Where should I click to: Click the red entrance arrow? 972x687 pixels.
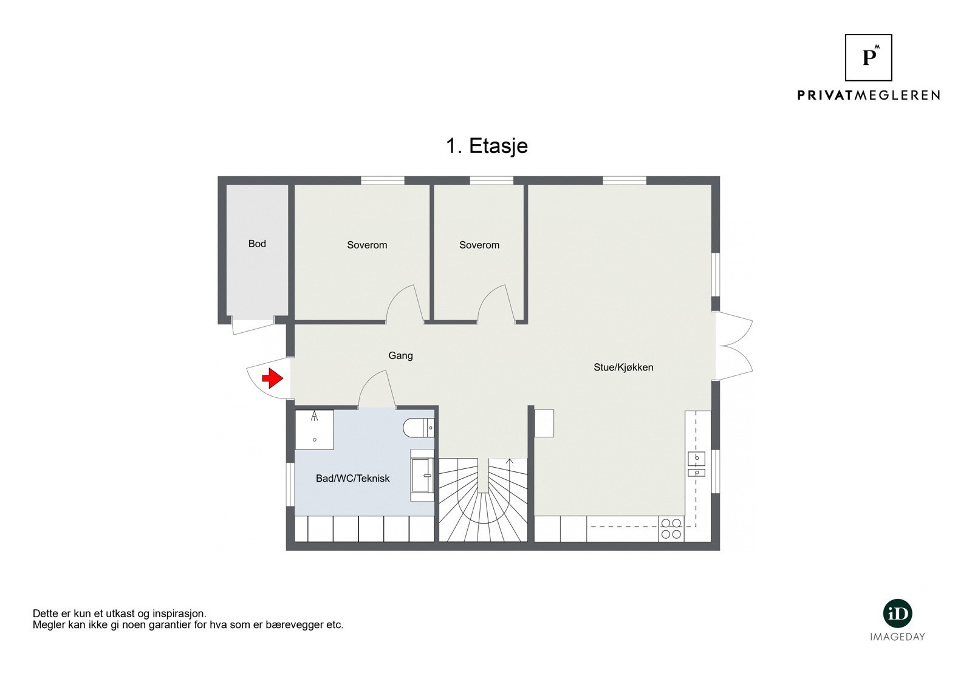coord(272,378)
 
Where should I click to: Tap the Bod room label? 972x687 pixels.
coord(257,244)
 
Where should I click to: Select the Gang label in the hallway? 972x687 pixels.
coord(400,355)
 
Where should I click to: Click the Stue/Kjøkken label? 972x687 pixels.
coord(623,367)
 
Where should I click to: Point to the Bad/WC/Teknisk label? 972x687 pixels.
coord(352,478)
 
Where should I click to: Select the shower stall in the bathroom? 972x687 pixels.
coord(314,429)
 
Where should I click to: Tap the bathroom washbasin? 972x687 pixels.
coord(422,475)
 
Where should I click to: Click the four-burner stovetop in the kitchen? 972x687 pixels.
coord(671,528)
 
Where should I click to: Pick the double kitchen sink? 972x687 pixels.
coord(696,465)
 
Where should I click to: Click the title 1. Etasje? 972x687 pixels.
coord(487,146)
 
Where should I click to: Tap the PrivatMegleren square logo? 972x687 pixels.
coord(868,58)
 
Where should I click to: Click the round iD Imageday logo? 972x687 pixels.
coord(897,614)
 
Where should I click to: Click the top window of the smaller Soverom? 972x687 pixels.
coord(491,180)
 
